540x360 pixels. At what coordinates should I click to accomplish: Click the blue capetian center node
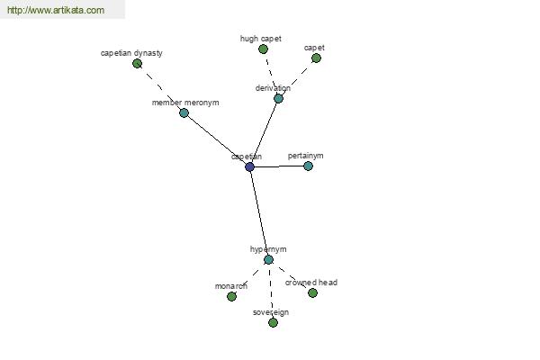pyautogui.click(x=249, y=167)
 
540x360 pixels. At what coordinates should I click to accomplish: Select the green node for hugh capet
pyautogui.click(x=263, y=49)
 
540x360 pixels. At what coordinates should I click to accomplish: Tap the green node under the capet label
pyautogui.click(x=316, y=58)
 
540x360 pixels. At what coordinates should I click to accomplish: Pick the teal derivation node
pyautogui.click(x=278, y=98)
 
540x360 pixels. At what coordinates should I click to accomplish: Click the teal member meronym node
pyautogui.click(x=184, y=112)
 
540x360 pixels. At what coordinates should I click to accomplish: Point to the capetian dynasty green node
pyautogui.click(x=137, y=63)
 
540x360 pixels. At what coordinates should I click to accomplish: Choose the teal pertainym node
pyautogui.click(x=308, y=166)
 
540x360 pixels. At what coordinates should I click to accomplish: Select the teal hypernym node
pyautogui.click(x=268, y=260)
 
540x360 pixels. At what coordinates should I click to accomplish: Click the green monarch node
pyautogui.click(x=232, y=296)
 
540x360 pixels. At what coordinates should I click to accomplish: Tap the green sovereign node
pyautogui.click(x=273, y=323)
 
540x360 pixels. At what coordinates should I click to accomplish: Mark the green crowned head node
pyautogui.click(x=312, y=292)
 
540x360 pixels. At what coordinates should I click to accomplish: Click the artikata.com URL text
pyautogui.click(x=56, y=10)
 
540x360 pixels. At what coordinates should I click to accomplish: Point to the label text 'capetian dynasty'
pyautogui.click(x=131, y=53)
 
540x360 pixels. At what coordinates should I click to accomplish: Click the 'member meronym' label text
pyautogui.click(x=185, y=103)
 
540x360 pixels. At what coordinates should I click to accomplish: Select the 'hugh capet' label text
pyautogui.click(x=261, y=39)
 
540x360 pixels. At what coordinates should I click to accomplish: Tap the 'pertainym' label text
pyautogui.click(x=305, y=156)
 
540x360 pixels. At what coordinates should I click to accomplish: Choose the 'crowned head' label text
pyautogui.click(x=311, y=283)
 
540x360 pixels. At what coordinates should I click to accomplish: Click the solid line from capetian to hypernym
pyautogui.click(x=259, y=213)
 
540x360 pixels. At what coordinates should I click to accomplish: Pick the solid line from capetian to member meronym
pyautogui.click(x=217, y=139)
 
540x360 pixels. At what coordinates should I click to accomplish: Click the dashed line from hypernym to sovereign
pyautogui.click(x=271, y=291)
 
